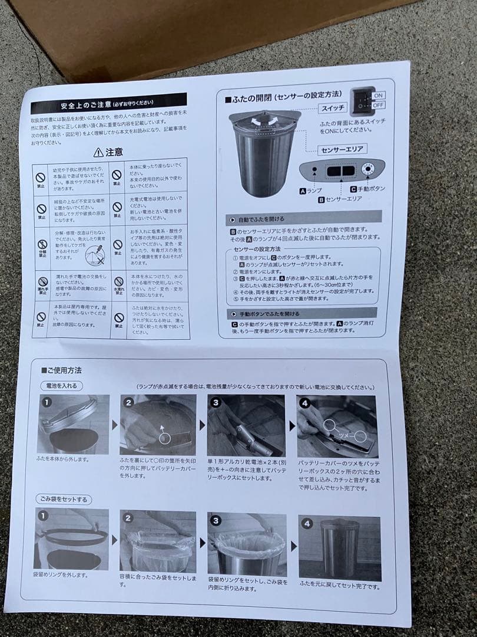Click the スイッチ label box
[x=333, y=108]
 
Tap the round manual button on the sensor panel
[x=369, y=170]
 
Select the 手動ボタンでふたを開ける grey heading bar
[x=303, y=314]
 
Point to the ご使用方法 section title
[x=62, y=370]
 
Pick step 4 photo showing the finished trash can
[x=340, y=547]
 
